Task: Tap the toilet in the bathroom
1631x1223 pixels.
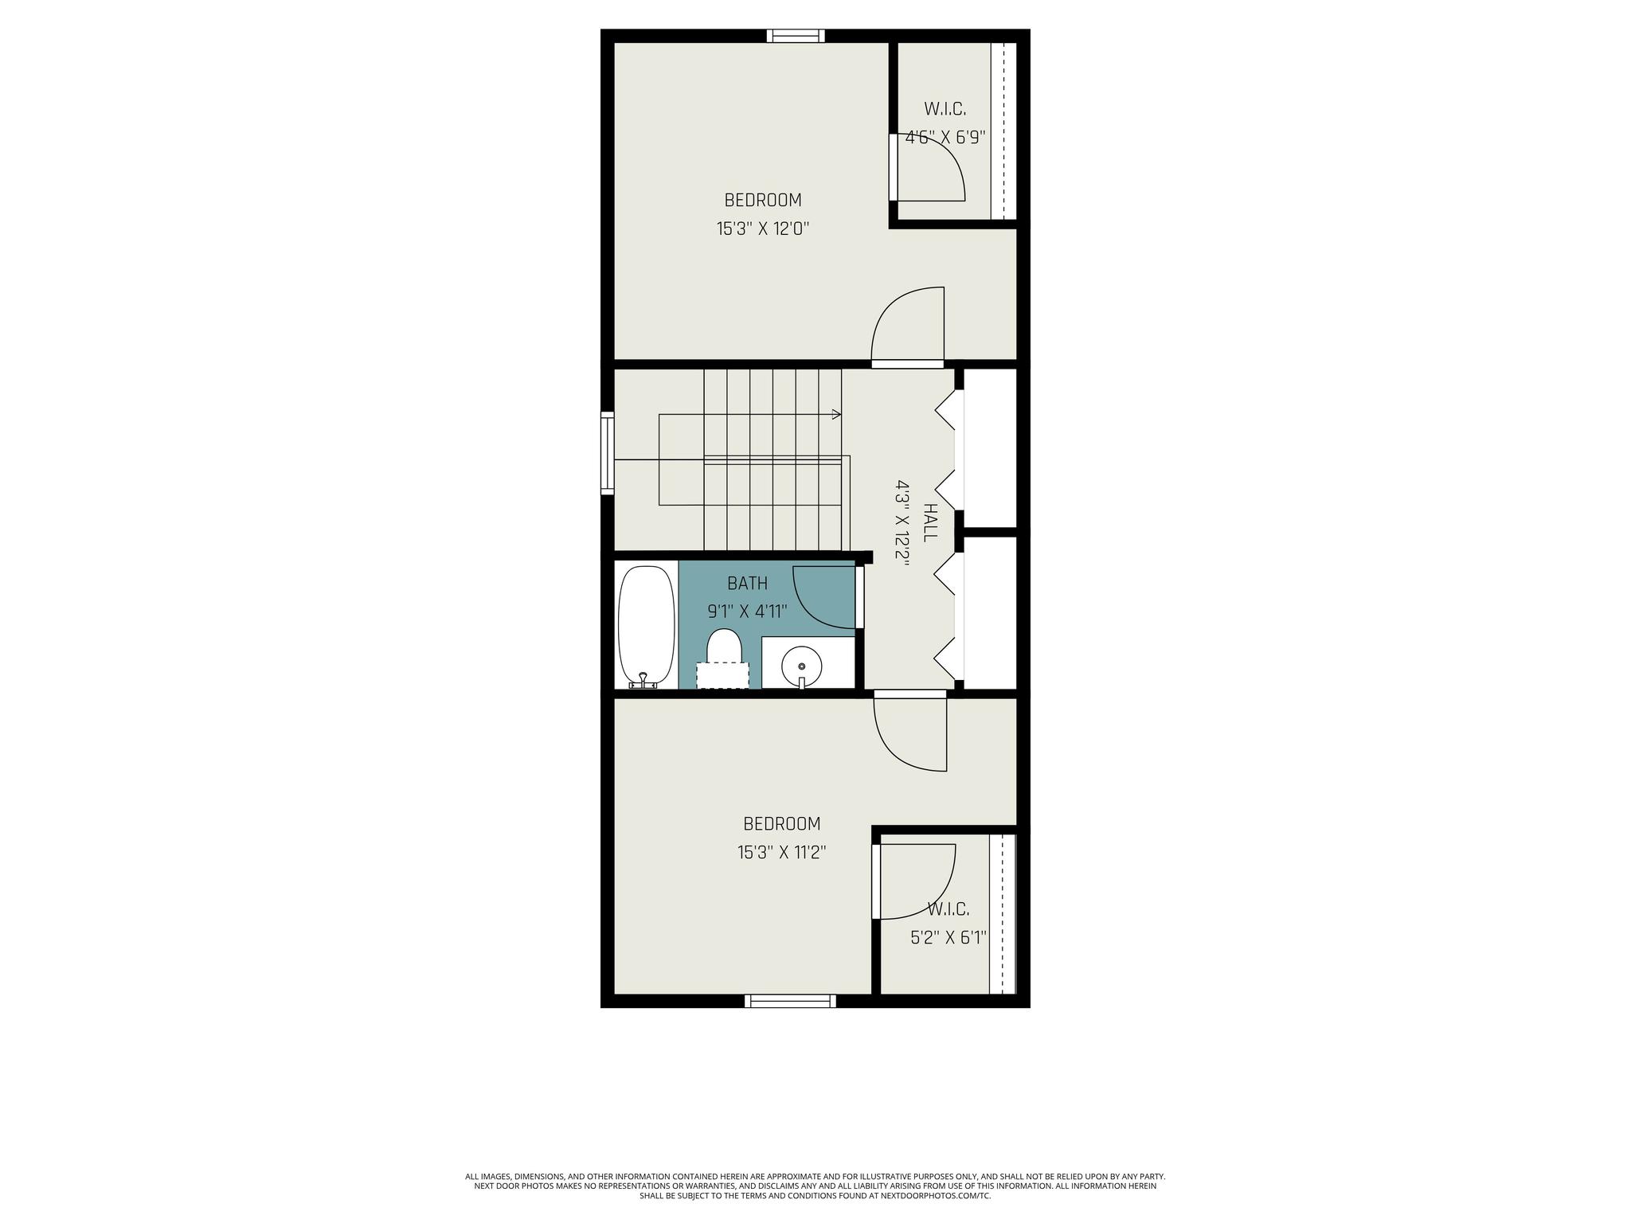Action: tap(724, 658)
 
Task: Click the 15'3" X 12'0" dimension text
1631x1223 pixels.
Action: tap(763, 229)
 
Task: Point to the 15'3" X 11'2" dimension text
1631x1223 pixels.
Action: tap(781, 853)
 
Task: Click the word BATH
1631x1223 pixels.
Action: tap(748, 584)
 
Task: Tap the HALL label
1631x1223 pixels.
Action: tap(930, 522)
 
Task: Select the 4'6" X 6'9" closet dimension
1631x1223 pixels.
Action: tap(945, 137)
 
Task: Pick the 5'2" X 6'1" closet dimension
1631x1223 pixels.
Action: tap(948, 938)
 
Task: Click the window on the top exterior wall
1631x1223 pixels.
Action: tap(796, 35)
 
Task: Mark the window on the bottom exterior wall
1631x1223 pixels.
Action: tap(790, 1001)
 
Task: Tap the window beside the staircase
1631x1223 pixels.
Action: tap(607, 453)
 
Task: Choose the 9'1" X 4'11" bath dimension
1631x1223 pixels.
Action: tap(748, 611)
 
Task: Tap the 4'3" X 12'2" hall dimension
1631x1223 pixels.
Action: tap(903, 522)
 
